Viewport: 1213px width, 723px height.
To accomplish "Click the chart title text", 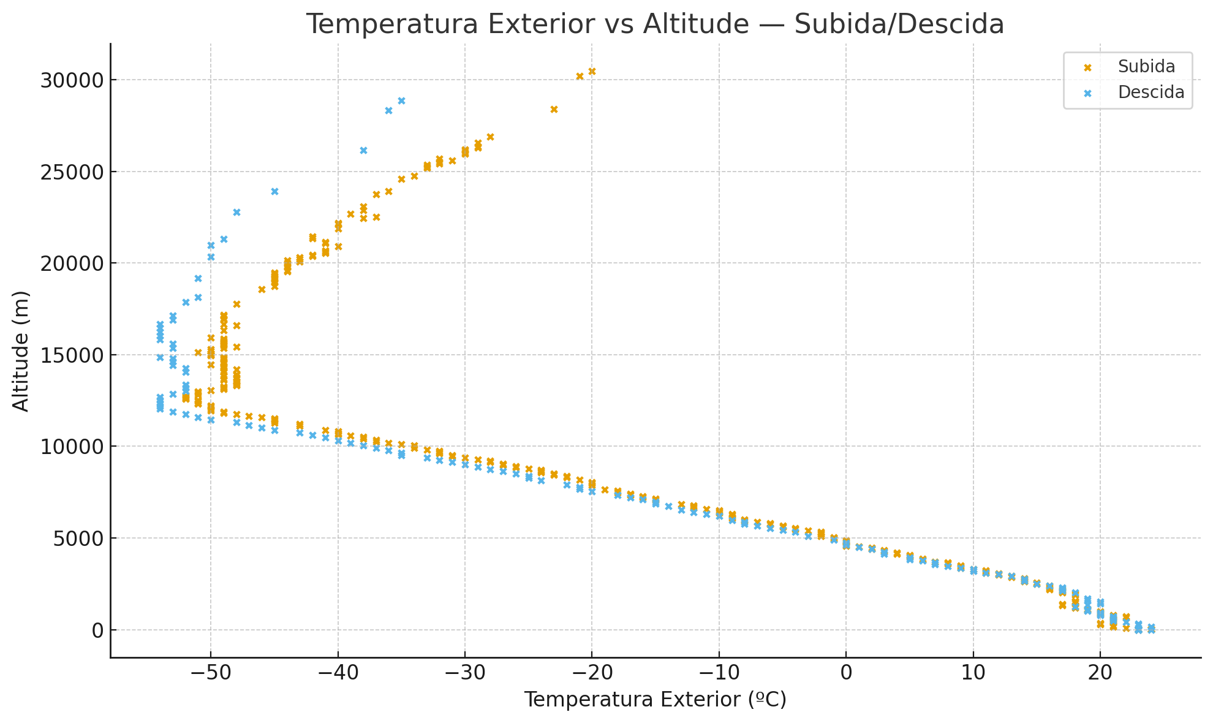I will pos(655,25).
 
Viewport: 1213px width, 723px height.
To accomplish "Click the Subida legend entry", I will pos(1146,67).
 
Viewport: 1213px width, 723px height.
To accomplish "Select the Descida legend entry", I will pos(1151,93).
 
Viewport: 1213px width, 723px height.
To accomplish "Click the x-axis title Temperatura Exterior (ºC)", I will pos(655,700).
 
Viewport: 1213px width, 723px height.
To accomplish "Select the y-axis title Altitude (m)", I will pos(21,351).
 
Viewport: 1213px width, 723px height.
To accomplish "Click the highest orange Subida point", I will pos(592,72).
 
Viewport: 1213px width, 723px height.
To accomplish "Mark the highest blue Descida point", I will pos(401,101).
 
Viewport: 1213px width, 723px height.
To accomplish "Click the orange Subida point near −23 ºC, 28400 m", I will pos(554,110).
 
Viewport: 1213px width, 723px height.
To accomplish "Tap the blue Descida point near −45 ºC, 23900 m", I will pos(274,192).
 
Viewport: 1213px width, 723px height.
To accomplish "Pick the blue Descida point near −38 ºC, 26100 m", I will pos(363,151).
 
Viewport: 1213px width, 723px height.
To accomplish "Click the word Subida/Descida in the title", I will pos(899,25).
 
